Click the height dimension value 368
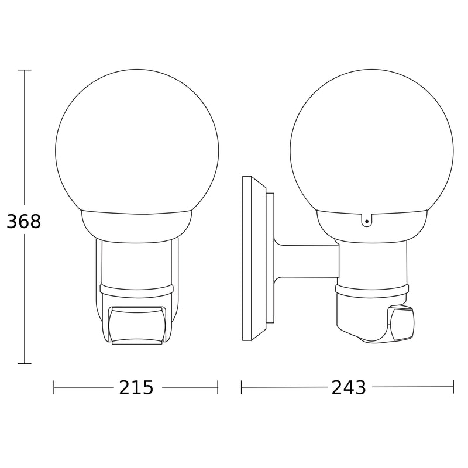(23, 222)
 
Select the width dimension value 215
(136, 388)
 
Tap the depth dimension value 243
(349, 388)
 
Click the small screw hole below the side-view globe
(367, 222)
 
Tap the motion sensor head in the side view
(401, 324)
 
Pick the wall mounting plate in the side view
(254, 259)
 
